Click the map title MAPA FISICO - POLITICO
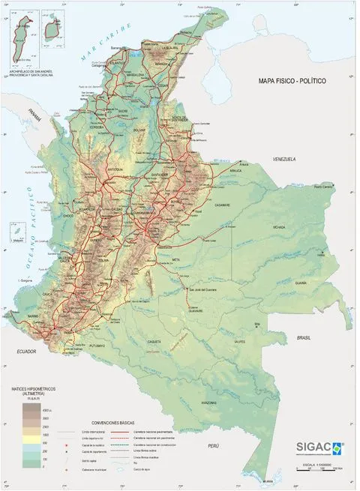[292, 80]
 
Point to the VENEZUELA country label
[286, 160]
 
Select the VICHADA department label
[279, 226]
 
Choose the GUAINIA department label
[301, 283]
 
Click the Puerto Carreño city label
[323, 186]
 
